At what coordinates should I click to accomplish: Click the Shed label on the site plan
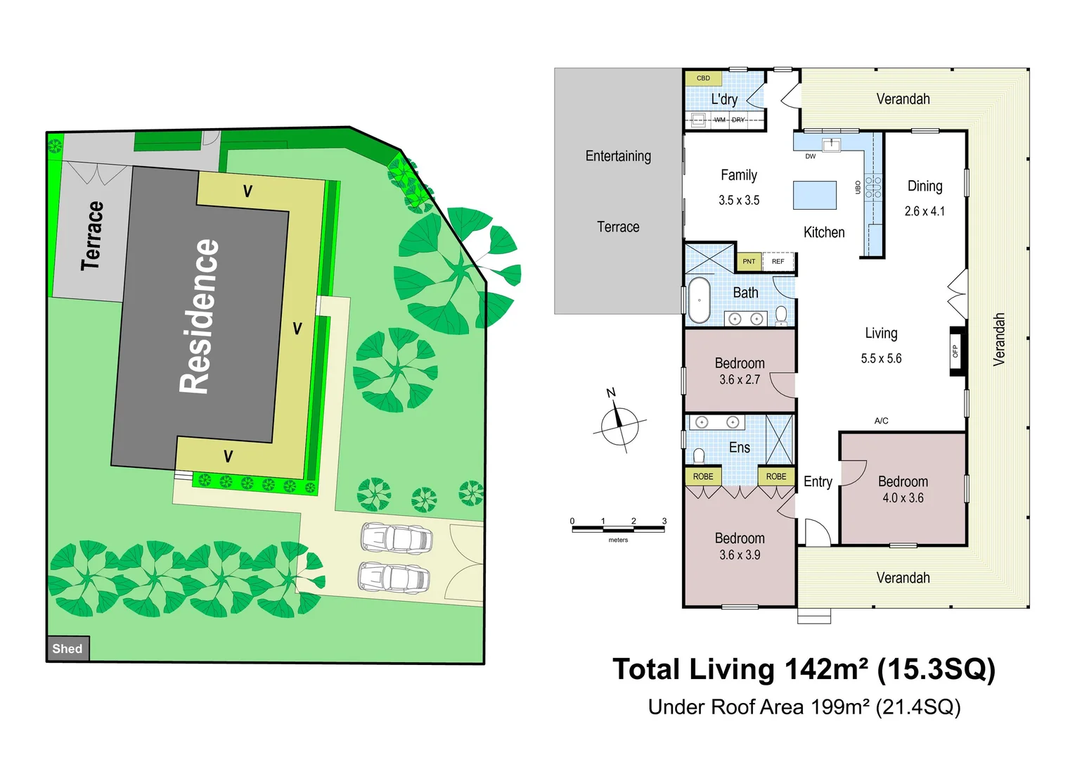[x=67, y=649]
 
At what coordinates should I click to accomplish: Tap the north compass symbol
[x=619, y=425]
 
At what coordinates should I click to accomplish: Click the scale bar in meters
[x=618, y=529]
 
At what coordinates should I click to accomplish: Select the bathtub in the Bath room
[x=699, y=300]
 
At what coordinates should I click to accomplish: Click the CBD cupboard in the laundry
[x=703, y=78]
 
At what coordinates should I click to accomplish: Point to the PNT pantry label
[x=749, y=261]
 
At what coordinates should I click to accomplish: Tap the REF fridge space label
[x=778, y=261]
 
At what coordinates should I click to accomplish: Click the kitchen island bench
[x=815, y=195]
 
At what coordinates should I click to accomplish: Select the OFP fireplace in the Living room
[x=956, y=350]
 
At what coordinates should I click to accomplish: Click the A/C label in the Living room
[x=881, y=421]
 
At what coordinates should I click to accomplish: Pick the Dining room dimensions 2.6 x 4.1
[x=925, y=211]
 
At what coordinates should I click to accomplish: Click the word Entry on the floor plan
[x=818, y=482]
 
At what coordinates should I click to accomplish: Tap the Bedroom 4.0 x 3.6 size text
[x=903, y=498]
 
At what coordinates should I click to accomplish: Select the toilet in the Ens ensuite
[x=699, y=457]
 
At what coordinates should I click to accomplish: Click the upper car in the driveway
[x=396, y=538]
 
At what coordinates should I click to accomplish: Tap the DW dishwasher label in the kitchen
[x=811, y=156]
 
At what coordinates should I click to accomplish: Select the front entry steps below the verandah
[x=813, y=616]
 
